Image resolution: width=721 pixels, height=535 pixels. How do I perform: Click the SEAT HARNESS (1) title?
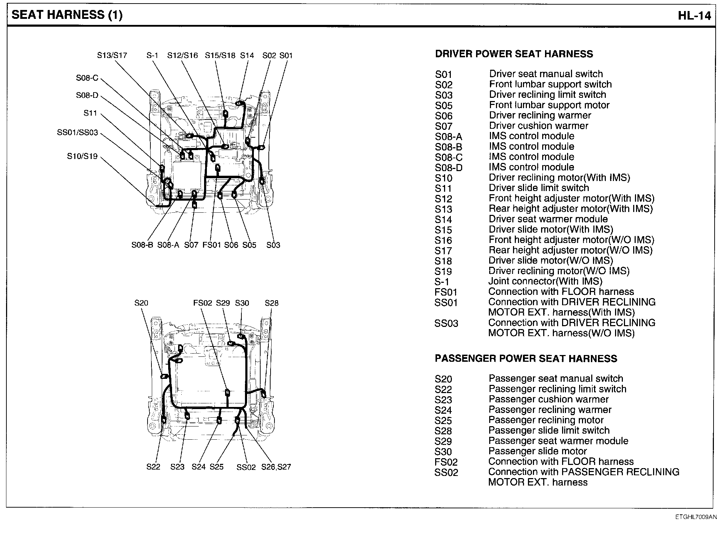pos(67,15)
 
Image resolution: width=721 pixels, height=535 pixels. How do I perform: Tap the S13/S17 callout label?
pos(112,55)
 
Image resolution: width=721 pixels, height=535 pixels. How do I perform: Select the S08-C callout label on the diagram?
pos(87,78)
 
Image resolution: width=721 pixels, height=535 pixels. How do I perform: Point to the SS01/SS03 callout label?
pos(78,133)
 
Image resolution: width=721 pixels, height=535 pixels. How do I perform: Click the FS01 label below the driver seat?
pos(212,245)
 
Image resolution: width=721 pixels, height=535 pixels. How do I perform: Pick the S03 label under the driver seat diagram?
pos(273,245)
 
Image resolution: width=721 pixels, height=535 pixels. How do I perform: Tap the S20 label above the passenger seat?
pos(141,303)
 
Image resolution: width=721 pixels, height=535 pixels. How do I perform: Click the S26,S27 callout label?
pos(276,467)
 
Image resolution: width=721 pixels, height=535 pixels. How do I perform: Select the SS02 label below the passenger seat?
pos(246,467)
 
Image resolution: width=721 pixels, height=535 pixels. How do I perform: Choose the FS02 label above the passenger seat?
pos(203,303)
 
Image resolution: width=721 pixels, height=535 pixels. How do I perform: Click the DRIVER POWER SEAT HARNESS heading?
pos(514,54)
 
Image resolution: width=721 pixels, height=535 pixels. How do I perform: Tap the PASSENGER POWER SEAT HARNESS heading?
pos(526,359)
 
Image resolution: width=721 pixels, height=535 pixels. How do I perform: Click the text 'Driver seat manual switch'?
pos(546,74)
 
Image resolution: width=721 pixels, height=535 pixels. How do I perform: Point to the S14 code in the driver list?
pos(443,219)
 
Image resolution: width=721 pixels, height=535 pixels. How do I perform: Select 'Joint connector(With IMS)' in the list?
pos(545,281)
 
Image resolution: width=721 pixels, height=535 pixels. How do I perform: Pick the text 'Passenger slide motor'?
pos(538,451)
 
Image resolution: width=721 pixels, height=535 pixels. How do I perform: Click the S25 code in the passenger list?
pos(443,420)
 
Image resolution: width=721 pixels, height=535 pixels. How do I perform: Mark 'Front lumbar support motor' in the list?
pos(549,105)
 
